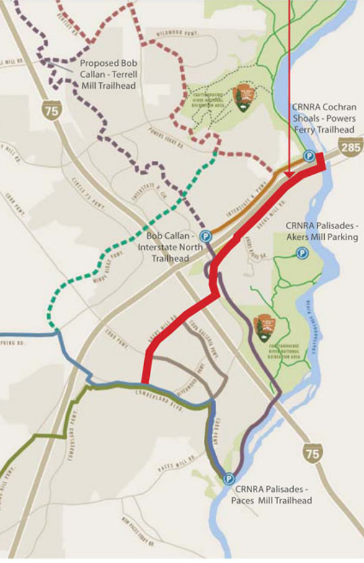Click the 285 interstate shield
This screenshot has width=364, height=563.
(352, 148)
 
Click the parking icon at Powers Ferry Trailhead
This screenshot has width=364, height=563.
(309, 156)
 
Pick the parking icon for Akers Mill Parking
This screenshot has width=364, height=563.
(301, 254)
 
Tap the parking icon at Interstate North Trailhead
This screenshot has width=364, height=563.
(205, 237)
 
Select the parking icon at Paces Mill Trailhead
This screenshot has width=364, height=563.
(228, 479)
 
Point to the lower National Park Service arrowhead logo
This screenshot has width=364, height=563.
(264, 328)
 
